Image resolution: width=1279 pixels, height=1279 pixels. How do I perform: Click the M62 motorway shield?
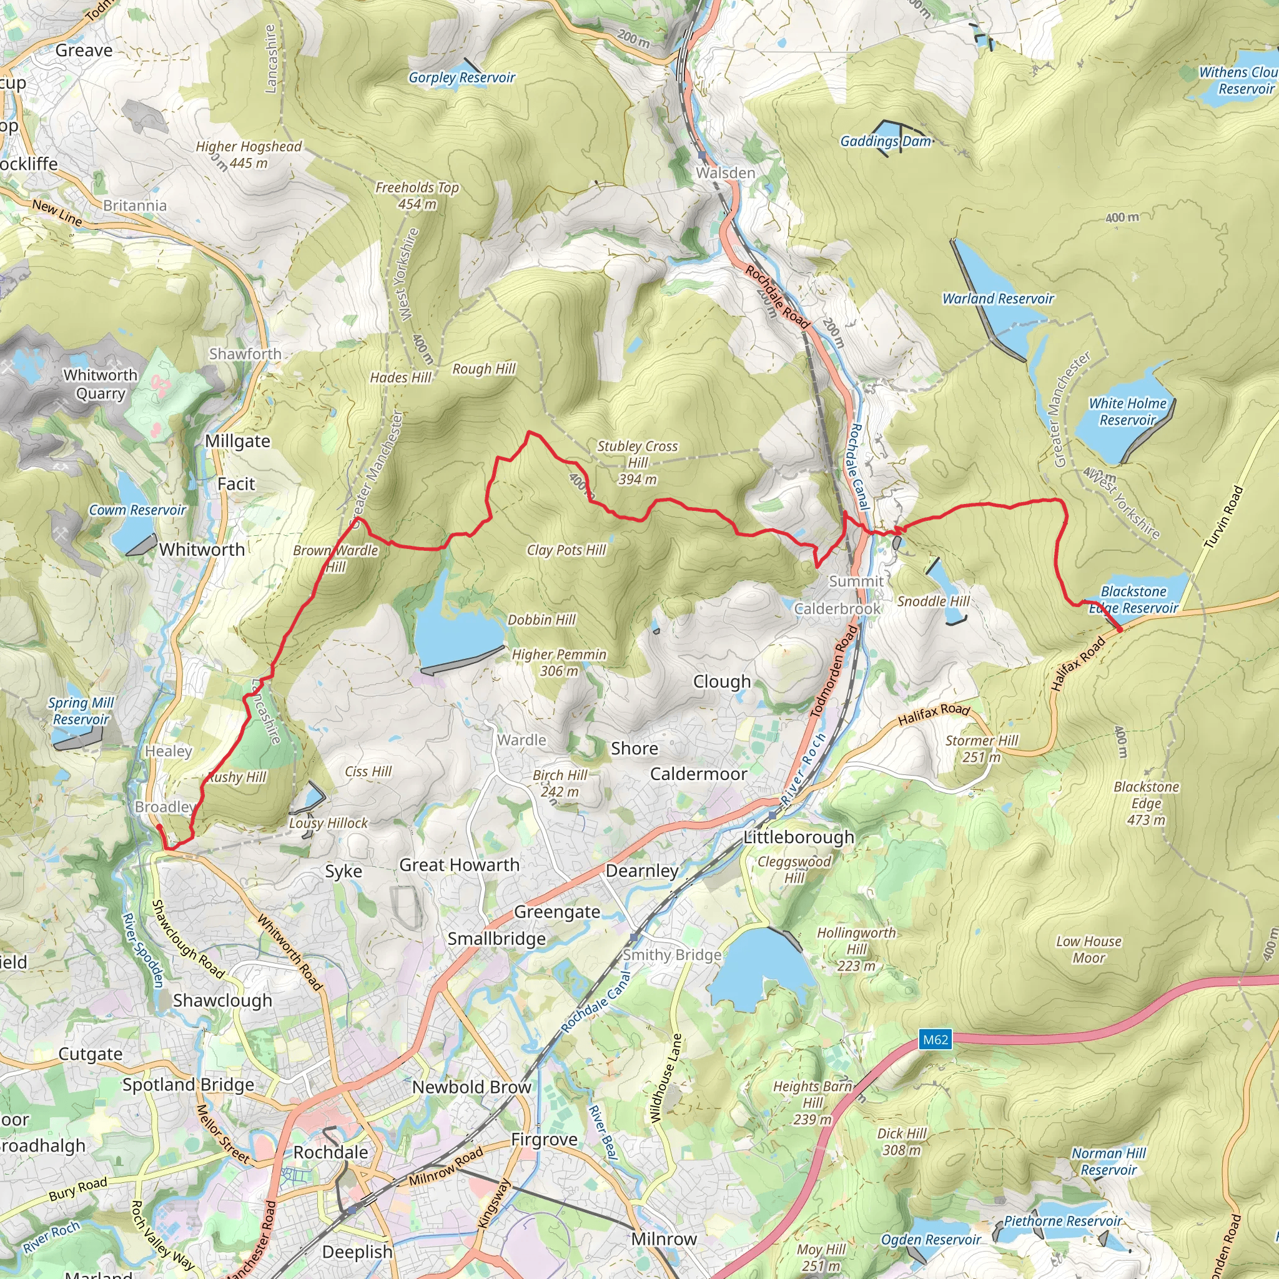[936, 1039]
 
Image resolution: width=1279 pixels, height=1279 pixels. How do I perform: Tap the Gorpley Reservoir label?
[462, 77]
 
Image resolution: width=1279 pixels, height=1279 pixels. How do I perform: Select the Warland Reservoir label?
[997, 299]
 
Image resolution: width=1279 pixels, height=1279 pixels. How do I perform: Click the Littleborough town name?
[798, 837]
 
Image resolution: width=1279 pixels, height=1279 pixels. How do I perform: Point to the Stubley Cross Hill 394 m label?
[637, 462]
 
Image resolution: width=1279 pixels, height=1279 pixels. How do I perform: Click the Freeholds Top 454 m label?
[417, 195]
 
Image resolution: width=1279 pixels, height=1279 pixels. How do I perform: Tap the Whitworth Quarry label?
[101, 384]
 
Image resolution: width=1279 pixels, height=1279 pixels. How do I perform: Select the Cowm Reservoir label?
[137, 510]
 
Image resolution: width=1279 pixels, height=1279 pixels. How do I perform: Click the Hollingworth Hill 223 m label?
[856, 949]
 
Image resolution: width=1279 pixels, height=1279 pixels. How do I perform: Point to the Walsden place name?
[725, 173]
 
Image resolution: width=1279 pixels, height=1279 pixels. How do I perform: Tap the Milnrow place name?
[664, 1238]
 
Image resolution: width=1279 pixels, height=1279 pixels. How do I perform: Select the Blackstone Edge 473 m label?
[1146, 803]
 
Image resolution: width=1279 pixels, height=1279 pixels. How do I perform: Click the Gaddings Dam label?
[886, 141]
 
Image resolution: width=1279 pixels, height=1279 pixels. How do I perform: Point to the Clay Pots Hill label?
[566, 550]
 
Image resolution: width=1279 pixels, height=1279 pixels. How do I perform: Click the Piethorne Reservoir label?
[1062, 1221]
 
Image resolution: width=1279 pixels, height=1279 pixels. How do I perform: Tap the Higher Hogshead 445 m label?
[249, 154]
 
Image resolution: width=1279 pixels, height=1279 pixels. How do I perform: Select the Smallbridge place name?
[496, 939]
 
